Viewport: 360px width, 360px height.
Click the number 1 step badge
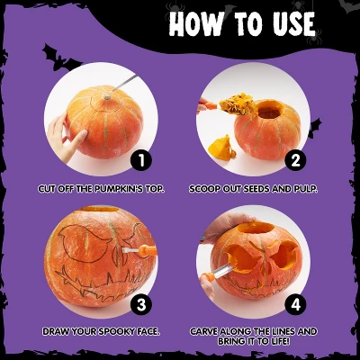click(141, 160)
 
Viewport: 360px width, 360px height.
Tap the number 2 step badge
click(295, 160)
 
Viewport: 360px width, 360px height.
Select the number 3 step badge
click(141, 305)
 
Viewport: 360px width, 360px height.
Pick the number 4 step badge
click(295, 305)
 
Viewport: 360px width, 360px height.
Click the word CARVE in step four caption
click(204, 331)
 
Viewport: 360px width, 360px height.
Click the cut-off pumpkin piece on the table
click(221, 148)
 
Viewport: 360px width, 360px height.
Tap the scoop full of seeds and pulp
click(237, 103)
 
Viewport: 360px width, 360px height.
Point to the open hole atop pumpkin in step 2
click(269, 110)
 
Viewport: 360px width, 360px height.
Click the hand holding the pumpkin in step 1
click(64, 138)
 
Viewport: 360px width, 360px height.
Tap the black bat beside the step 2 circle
click(314, 128)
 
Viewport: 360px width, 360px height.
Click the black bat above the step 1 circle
click(60, 58)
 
